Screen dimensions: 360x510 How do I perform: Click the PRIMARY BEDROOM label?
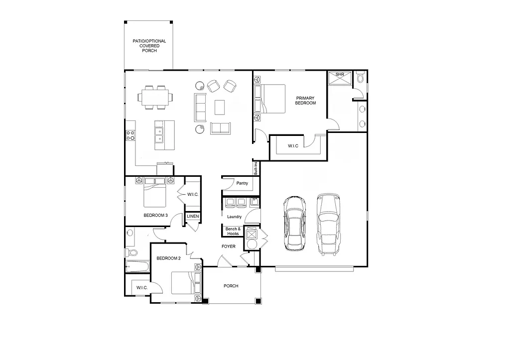(305, 100)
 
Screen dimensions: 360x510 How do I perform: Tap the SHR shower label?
(340, 74)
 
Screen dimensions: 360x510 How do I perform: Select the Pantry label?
(242, 183)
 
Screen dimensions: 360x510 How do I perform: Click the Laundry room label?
(234, 217)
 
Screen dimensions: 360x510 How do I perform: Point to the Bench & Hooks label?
(233, 231)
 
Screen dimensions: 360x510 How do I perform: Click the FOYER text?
(229, 246)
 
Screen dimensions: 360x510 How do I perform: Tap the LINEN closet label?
(193, 216)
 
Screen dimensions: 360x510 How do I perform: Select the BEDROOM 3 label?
(155, 216)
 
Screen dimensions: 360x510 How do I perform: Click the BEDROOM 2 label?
(168, 258)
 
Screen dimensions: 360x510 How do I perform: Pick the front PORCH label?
(231, 286)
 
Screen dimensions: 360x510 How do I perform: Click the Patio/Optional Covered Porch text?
(149, 46)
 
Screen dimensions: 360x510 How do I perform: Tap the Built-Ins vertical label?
(255, 168)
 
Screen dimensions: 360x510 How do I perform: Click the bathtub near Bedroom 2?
(136, 266)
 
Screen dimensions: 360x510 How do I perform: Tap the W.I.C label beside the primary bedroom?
(293, 146)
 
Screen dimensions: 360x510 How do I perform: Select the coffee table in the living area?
(220, 107)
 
